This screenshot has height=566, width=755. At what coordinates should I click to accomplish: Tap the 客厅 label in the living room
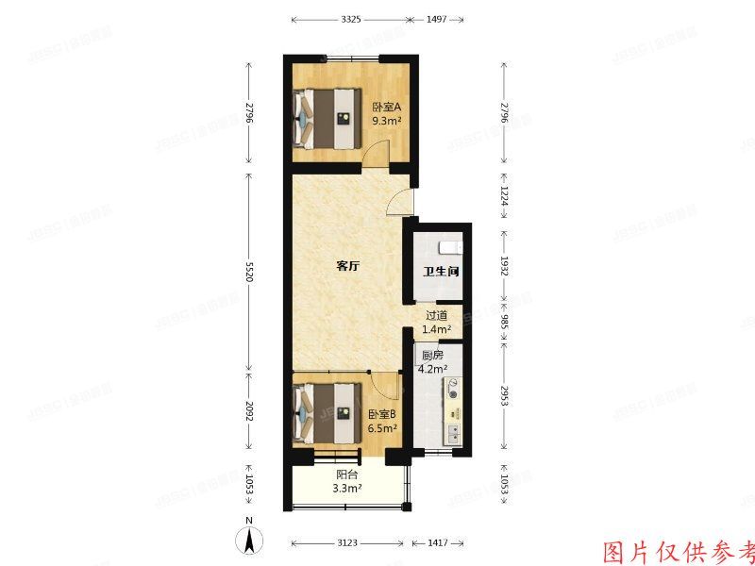pyautogui.click(x=347, y=267)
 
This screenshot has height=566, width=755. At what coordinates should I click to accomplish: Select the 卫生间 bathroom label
pyautogui.click(x=440, y=272)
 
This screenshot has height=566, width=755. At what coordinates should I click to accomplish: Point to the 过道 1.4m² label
pyautogui.click(x=436, y=323)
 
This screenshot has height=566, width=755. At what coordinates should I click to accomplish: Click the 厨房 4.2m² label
pyautogui.click(x=432, y=362)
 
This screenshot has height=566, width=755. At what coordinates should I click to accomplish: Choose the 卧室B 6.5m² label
pyautogui.click(x=381, y=421)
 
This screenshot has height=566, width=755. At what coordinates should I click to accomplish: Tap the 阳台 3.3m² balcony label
pyautogui.click(x=347, y=482)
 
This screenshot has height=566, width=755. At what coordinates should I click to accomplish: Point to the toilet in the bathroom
pyautogui.click(x=450, y=247)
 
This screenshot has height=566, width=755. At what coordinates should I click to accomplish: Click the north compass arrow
pyautogui.click(x=248, y=541)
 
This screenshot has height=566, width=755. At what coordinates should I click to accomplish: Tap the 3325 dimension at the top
pyautogui.click(x=350, y=19)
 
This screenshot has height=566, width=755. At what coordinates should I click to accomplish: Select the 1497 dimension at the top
pyautogui.click(x=436, y=19)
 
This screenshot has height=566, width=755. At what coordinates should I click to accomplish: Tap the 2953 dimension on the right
pyautogui.click(x=505, y=396)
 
